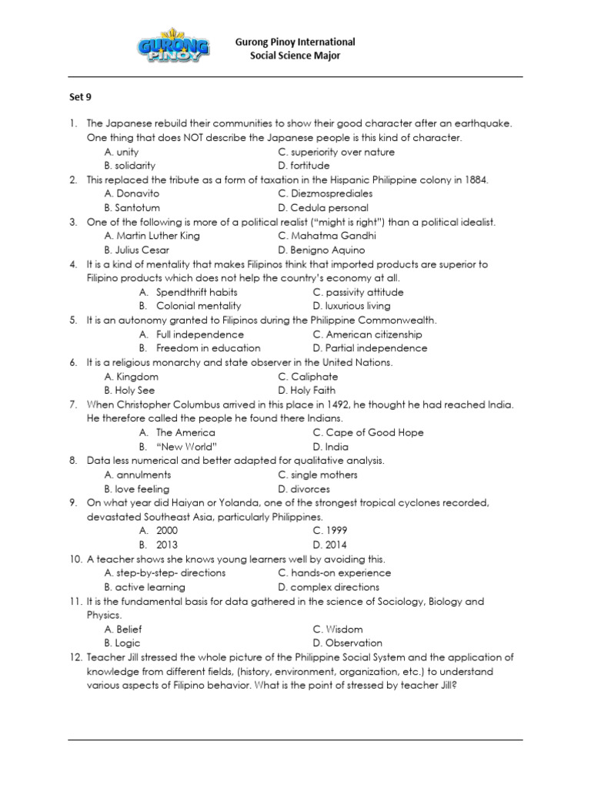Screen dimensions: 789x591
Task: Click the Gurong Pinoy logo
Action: (173, 49)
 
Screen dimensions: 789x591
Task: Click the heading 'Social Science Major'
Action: (295, 56)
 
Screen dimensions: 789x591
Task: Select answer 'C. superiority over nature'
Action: (336, 152)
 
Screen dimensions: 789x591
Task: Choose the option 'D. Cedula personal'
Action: (323, 208)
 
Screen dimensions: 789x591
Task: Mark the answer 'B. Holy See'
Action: (129, 391)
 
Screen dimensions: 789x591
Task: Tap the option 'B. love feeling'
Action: (137, 489)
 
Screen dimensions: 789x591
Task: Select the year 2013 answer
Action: (167, 545)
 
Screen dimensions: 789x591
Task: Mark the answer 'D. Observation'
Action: (347, 643)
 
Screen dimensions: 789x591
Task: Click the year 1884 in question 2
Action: (476, 180)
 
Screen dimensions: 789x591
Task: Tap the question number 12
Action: (75, 657)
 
